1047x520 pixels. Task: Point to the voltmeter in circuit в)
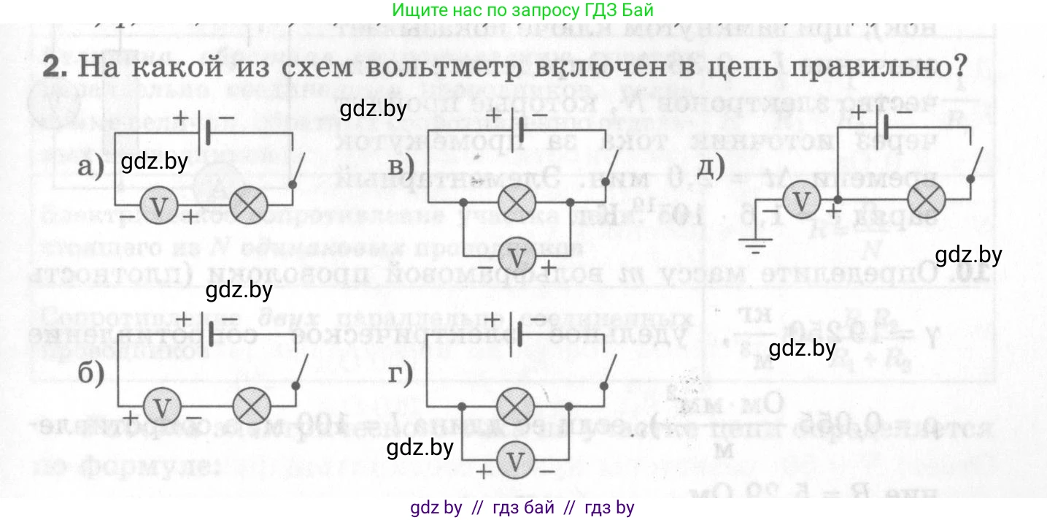(517, 256)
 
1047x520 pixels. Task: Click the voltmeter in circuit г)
(516, 459)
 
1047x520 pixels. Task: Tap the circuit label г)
(400, 374)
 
